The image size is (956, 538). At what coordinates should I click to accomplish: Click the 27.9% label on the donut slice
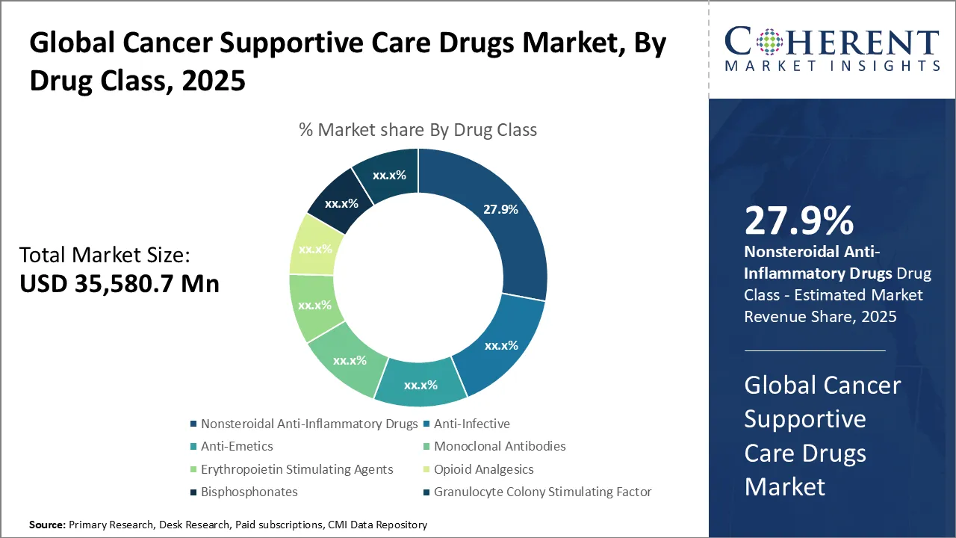point(500,210)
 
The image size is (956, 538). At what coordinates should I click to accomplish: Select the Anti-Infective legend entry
point(471,424)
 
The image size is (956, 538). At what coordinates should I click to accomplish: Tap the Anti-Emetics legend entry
point(237,447)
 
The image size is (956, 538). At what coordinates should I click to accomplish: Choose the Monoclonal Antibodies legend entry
point(499,447)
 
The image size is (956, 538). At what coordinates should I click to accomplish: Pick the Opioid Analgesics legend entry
point(483,470)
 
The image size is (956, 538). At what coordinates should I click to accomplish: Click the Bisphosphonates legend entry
point(249,492)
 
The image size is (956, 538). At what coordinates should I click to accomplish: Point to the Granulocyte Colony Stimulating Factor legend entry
point(542,492)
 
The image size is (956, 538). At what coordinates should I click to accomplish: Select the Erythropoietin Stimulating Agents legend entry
point(297,470)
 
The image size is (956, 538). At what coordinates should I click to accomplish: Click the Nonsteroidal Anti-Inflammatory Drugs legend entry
point(308,424)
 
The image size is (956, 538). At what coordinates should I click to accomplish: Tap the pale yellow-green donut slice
point(314,247)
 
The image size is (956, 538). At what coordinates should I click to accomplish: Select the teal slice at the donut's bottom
point(420,383)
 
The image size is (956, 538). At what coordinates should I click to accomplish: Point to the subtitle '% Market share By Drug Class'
point(418,130)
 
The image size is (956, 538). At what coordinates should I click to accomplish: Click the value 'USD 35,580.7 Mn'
point(119,284)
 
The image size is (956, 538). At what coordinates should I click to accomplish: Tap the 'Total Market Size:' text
point(105,256)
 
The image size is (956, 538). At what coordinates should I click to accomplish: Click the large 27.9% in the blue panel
point(798,220)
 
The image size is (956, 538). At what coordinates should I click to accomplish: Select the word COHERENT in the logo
point(831,42)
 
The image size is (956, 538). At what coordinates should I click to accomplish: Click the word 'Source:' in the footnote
point(47,525)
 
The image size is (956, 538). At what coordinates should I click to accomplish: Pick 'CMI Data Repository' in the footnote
point(379,525)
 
